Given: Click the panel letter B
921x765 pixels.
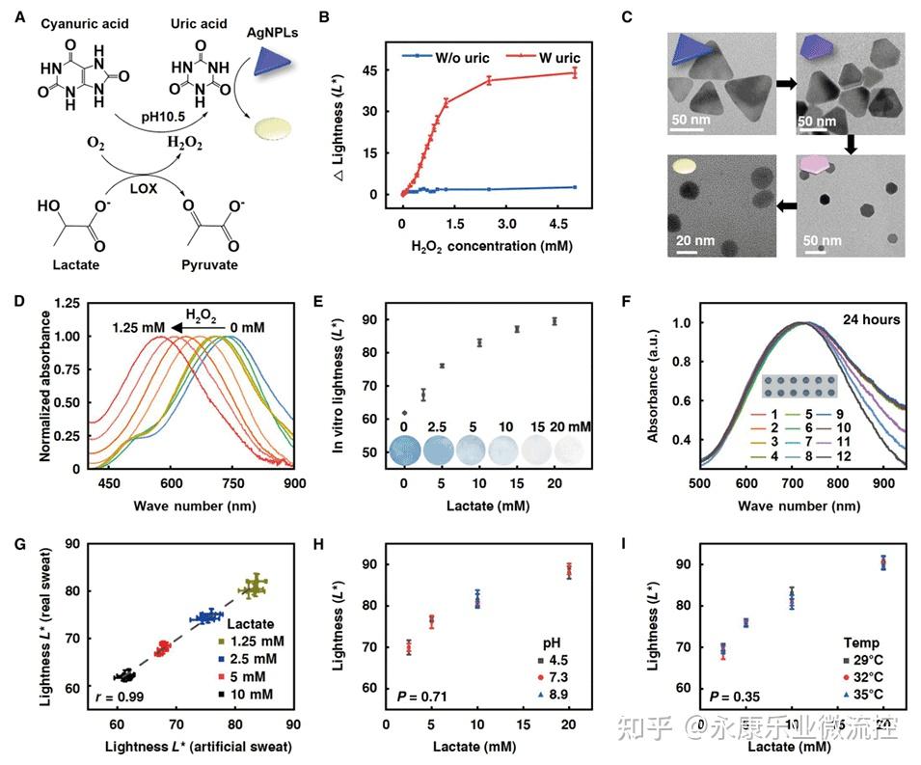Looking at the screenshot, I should coord(325,17).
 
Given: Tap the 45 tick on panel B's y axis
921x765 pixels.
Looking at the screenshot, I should coord(369,70).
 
